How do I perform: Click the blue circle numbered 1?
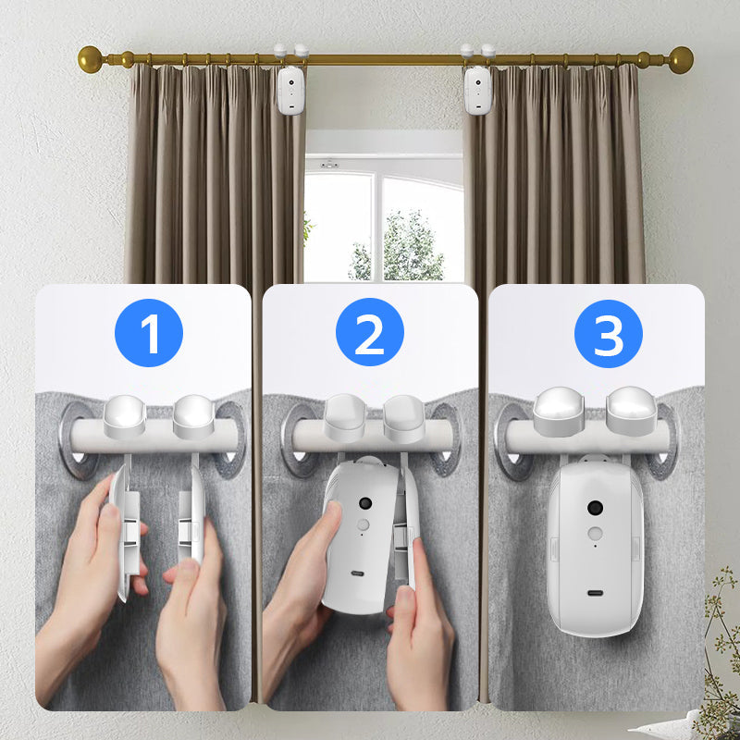[x=149, y=333]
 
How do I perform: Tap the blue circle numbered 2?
[x=369, y=332]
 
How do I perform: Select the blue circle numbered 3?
[x=609, y=334]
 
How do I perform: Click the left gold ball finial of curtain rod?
[x=90, y=59]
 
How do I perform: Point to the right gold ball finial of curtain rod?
[x=681, y=60]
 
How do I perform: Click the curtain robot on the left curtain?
[x=290, y=90]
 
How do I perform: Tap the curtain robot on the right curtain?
[x=477, y=90]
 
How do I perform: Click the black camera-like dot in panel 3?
[x=595, y=508]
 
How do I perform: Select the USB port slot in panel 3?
[x=595, y=593]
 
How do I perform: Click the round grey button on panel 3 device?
[x=595, y=534]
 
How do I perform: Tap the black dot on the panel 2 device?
[x=365, y=502]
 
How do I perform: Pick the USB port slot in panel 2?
[x=357, y=573]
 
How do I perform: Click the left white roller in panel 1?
[x=125, y=415]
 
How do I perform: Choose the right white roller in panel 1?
[x=194, y=416]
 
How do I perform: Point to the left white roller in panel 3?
[x=559, y=411]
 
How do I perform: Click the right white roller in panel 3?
[x=632, y=411]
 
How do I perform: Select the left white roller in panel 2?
[x=345, y=418]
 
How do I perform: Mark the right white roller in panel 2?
[x=404, y=419]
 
